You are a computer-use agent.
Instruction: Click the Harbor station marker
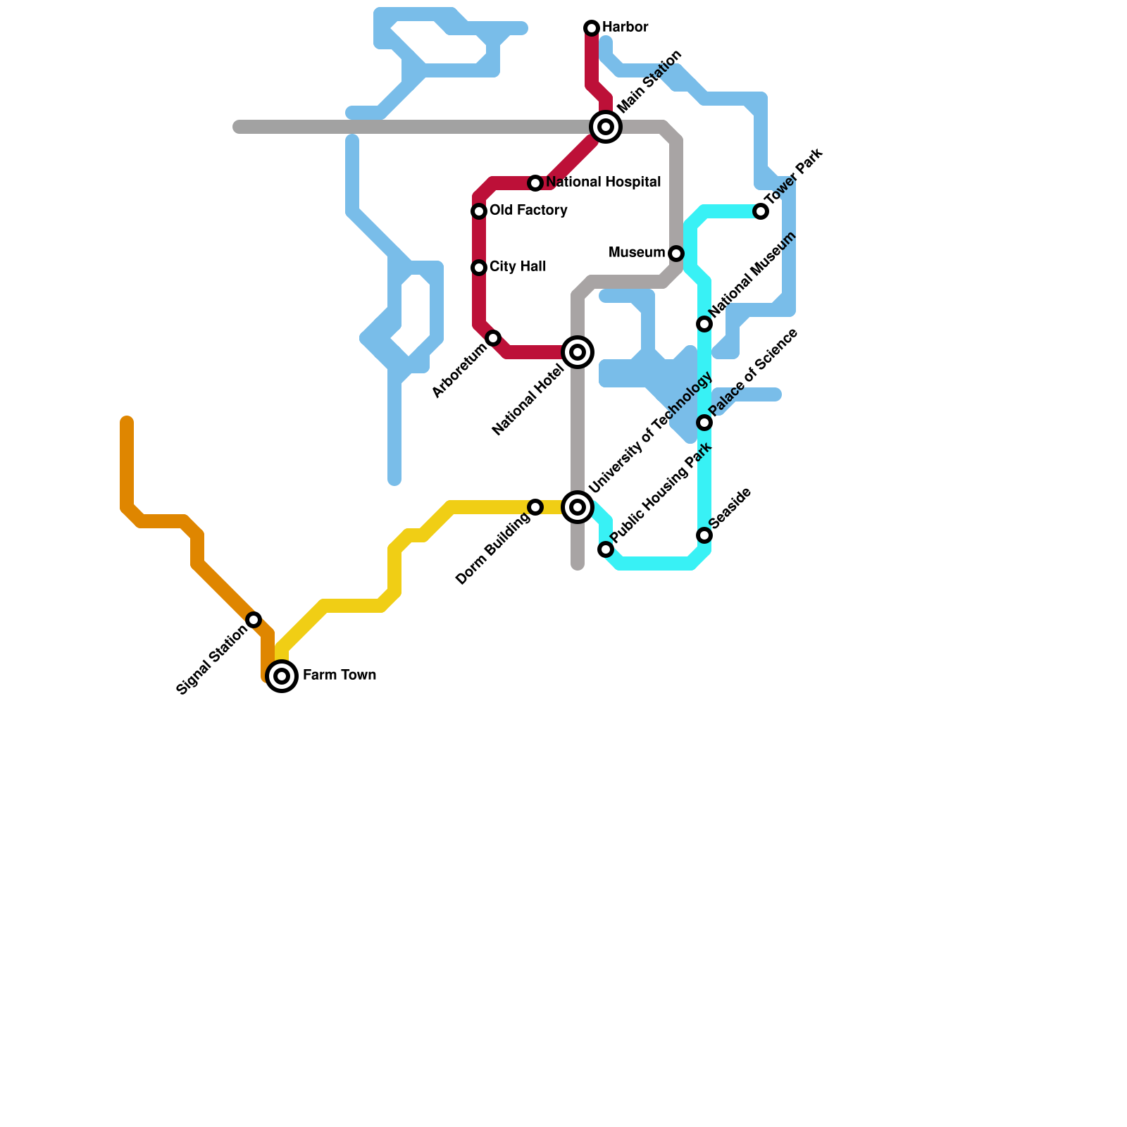(x=592, y=28)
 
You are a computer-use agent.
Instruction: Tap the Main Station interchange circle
(x=606, y=127)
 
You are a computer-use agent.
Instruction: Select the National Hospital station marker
(x=535, y=183)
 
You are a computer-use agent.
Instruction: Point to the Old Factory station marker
(x=479, y=211)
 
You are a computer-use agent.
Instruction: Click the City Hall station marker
(x=479, y=268)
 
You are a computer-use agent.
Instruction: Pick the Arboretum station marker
(x=493, y=338)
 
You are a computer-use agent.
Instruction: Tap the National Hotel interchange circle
(x=578, y=352)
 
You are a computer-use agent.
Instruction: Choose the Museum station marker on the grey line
(x=676, y=254)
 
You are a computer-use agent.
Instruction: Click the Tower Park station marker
(x=761, y=211)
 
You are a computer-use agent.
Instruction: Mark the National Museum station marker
(x=704, y=324)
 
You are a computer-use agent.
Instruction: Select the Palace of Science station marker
(x=704, y=423)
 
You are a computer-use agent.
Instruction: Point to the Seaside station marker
(x=704, y=535)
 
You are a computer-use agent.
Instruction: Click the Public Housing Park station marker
(x=606, y=549)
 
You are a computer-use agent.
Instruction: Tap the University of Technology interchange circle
(x=578, y=507)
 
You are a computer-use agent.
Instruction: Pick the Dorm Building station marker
(x=535, y=507)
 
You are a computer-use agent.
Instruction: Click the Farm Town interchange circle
(x=282, y=676)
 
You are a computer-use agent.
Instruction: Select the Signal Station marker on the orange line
(x=254, y=620)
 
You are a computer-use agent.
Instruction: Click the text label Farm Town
(x=340, y=675)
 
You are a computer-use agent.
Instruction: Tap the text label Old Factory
(x=528, y=211)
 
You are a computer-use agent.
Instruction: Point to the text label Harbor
(x=625, y=27)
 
